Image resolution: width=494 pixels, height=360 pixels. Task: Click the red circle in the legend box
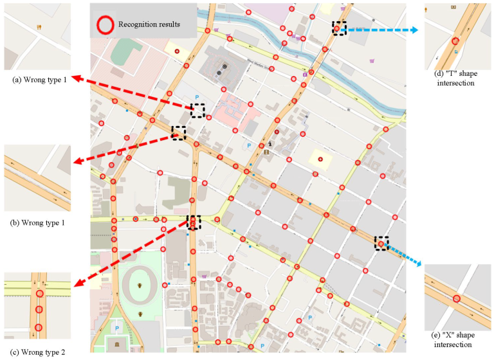coord(106,25)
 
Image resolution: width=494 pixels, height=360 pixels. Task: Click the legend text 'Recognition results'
coord(149,25)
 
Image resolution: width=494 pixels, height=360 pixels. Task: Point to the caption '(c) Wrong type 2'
coord(37,351)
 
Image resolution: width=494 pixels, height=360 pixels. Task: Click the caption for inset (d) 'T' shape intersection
coord(455,78)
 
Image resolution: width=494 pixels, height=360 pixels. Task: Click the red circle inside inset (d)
coord(455,39)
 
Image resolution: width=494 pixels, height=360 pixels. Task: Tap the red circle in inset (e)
coord(456,298)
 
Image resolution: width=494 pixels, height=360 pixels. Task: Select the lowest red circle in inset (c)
coord(39,328)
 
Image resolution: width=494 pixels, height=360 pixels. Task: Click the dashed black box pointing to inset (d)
coord(339,28)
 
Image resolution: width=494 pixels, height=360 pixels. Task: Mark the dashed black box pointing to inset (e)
coord(381,243)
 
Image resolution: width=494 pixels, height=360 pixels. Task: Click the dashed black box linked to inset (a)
coord(197,111)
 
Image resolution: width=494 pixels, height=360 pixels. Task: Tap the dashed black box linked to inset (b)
coord(178,133)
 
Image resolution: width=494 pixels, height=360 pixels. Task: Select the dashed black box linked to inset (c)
coord(193,222)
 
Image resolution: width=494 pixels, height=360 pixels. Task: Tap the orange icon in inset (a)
coord(39,28)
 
